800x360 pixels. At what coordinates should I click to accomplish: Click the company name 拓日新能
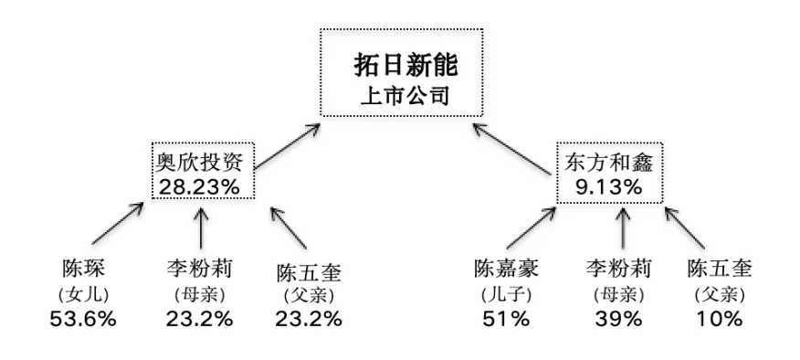click(406, 67)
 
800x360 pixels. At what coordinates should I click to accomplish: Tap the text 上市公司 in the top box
click(405, 96)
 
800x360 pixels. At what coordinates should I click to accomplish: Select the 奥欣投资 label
click(203, 164)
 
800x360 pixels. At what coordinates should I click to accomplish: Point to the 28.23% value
click(199, 187)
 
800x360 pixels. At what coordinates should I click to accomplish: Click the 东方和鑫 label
click(608, 164)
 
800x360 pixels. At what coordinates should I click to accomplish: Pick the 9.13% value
click(608, 187)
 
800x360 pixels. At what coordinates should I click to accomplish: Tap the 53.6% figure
click(83, 319)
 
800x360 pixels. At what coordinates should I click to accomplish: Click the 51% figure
click(506, 319)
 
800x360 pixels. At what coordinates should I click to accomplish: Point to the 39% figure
click(618, 319)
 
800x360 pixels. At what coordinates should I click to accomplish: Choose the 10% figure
click(720, 319)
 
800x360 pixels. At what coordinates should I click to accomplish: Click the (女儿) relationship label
click(84, 294)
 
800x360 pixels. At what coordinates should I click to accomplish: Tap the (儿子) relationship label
click(506, 294)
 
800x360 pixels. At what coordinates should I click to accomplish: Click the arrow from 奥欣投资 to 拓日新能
click(288, 145)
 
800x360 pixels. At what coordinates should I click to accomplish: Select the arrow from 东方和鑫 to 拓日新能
click(511, 149)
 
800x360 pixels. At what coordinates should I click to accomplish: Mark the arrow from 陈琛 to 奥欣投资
click(118, 223)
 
